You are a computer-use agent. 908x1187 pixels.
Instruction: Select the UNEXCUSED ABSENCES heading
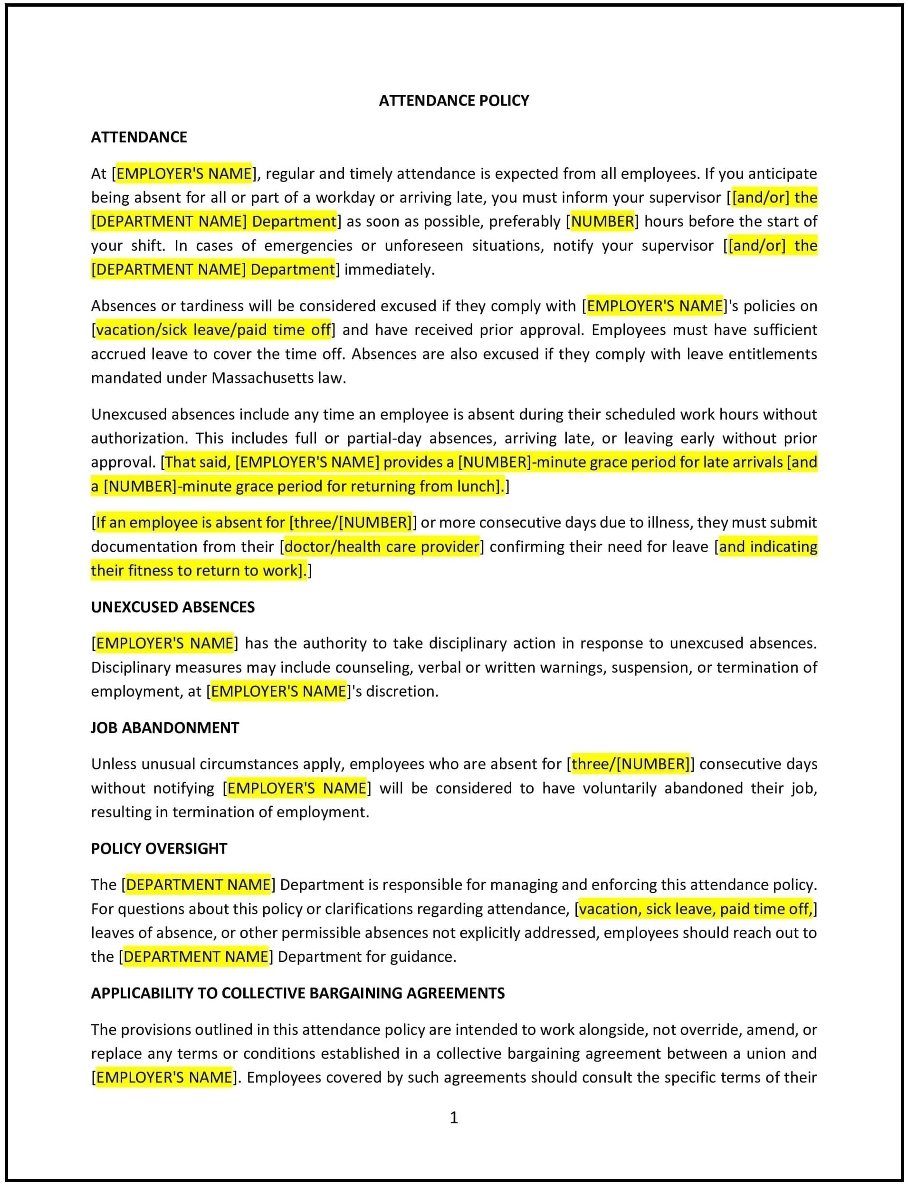pos(172,607)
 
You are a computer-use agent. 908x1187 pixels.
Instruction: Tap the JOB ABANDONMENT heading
pos(165,728)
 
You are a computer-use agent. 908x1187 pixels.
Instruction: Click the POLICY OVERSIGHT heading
pos(159,848)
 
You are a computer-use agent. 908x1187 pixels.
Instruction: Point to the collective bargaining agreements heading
pos(298,993)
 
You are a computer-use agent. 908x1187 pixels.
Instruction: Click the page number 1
pos(454,1117)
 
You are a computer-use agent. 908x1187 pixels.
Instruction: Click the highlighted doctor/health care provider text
pos(382,546)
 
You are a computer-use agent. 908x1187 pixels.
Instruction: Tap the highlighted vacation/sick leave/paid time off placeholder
pos(213,330)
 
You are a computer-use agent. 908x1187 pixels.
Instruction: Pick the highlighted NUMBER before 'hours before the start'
pos(602,221)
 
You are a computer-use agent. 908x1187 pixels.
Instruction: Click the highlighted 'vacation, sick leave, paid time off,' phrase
pos(695,909)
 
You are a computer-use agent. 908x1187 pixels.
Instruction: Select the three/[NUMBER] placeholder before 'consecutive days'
pos(630,764)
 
